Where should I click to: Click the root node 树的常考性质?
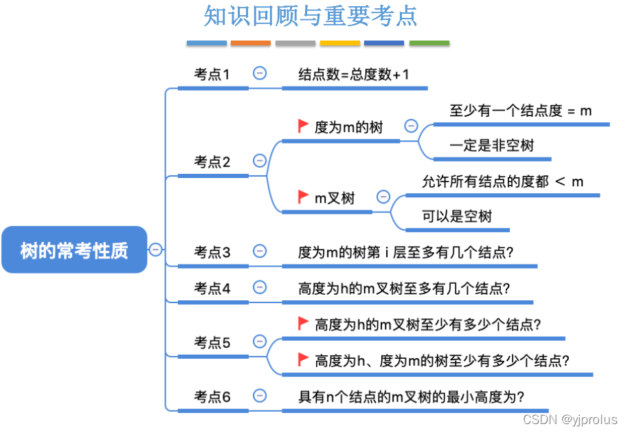pyautogui.click(x=74, y=250)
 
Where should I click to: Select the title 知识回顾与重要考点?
pyautogui.click(x=311, y=16)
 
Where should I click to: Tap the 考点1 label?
pyautogui.click(x=212, y=74)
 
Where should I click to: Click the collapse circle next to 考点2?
pyautogui.click(x=260, y=161)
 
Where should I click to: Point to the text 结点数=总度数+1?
pyautogui.click(x=354, y=74)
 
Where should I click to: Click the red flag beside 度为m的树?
pyautogui.click(x=303, y=126)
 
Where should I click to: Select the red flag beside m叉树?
pyautogui.click(x=303, y=197)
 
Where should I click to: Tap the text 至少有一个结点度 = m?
pyautogui.click(x=521, y=110)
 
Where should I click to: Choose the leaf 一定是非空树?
pyautogui.click(x=491, y=146)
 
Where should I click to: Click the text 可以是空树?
pyautogui.click(x=457, y=216)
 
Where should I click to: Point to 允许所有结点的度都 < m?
pyautogui.click(x=502, y=181)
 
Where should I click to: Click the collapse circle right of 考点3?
pyautogui.click(x=260, y=251)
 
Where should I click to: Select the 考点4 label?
pyautogui.click(x=212, y=288)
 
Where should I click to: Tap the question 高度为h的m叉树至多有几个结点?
pyautogui.click(x=404, y=288)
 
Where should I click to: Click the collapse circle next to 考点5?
pyautogui.click(x=260, y=341)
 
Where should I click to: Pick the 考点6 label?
pyautogui.click(x=212, y=397)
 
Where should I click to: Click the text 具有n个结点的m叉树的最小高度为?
pyautogui.click(x=411, y=397)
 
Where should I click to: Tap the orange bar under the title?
pyautogui.click(x=251, y=43)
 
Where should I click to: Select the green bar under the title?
pyautogui.click(x=429, y=43)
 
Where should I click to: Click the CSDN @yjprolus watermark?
pyautogui.click(x=570, y=419)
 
